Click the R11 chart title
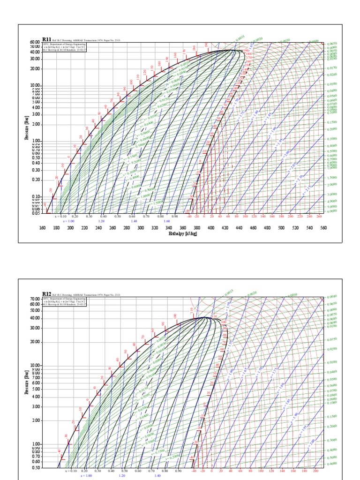47,40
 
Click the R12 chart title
47,294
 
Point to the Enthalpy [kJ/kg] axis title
180,233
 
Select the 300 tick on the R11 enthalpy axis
141,228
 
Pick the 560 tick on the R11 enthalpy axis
323,228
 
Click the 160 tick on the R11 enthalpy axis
42,228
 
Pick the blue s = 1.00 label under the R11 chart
68,221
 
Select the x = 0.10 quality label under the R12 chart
71,471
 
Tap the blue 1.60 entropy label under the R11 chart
166,221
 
